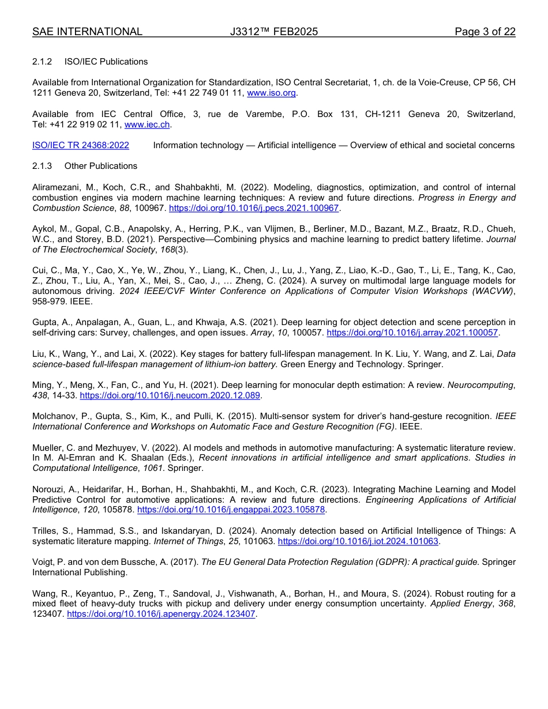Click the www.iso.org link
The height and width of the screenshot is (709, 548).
coord(271,93)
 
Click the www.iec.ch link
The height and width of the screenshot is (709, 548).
coord(147,124)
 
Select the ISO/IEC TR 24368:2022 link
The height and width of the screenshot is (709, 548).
coord(80,145)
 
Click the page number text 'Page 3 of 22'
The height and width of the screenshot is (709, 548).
coord(485,32)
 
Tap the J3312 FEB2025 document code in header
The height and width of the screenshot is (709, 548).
coord(273,32)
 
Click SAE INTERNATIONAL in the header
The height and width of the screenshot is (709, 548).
coord(87,32)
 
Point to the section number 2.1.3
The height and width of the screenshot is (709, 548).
coord(42,166)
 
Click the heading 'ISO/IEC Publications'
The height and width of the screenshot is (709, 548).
coord(106,62)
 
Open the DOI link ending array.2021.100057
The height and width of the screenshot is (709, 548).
coord(412,333)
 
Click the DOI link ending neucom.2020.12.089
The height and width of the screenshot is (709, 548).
coord(170,395)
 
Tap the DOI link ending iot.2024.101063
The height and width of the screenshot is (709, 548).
coord(358,541)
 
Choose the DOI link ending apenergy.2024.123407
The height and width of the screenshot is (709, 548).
coord(162,614)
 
